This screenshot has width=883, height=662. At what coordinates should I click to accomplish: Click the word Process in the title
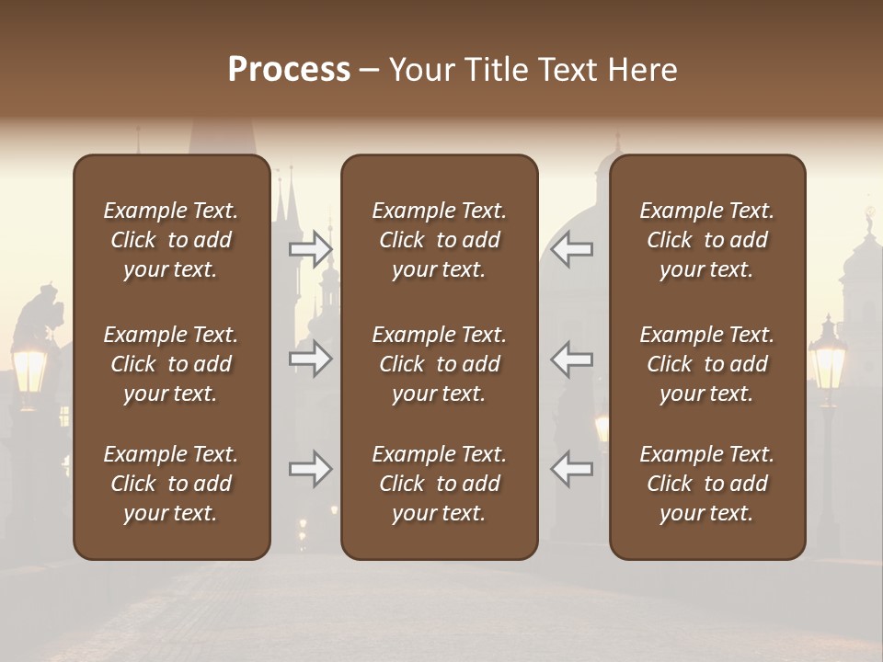coord(289,70)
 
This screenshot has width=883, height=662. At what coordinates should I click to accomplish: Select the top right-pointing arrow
coord(310,249)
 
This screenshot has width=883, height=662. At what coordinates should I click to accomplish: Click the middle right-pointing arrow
coord(310,359)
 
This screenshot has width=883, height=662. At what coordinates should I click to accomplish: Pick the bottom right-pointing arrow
coord(310,469)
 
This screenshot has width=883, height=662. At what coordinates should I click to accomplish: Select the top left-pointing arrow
coord(572,249)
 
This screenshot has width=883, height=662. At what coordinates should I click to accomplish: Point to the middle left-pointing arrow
coord(572,359)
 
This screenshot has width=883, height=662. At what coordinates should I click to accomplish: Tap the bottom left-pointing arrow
coord(572,469)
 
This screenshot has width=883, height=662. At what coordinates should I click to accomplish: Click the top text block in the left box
coord(171,240)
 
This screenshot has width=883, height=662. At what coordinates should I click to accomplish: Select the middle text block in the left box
coord(171,364)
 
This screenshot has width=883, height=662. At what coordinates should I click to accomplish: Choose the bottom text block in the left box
coord(171,484)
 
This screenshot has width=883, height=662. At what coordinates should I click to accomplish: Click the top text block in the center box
coord(440,240)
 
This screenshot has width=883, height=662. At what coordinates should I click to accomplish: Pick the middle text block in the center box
coord(440,364)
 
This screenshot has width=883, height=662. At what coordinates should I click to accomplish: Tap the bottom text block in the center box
coord(440,484)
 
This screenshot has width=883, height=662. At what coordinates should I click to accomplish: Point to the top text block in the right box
coord(707,240)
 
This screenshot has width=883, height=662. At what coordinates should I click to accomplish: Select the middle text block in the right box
coord(707,364)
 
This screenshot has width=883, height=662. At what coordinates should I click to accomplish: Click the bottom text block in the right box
coord(707,484)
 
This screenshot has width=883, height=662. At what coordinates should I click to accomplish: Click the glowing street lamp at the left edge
coord(29,368)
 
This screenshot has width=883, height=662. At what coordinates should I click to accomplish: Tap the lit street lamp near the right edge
coord(827,360)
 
